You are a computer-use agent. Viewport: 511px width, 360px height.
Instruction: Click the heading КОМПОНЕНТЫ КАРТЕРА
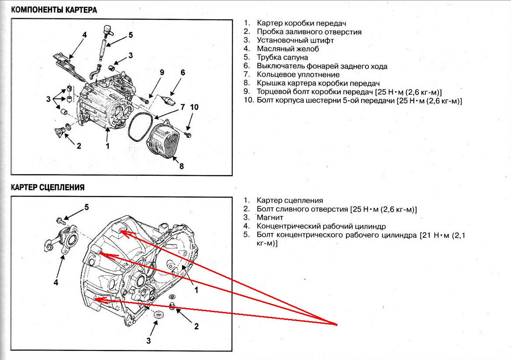click(54, 9)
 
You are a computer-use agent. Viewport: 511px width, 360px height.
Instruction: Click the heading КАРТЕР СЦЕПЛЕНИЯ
click(48, 187)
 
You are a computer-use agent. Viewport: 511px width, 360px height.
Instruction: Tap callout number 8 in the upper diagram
click(182, 166)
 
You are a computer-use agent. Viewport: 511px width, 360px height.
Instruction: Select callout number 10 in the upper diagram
click(194, 107)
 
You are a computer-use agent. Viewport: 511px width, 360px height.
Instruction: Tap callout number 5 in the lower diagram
click(86, 207)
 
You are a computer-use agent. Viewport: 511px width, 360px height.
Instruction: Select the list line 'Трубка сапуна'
click(282, 57)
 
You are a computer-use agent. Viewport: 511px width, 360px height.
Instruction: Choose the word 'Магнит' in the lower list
click(270, 217)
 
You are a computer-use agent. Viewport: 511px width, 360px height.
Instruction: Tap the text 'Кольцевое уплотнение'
click(298, 75)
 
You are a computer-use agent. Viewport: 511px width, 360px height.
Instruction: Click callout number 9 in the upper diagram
click(162, 72)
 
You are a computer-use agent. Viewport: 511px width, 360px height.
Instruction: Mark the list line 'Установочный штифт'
click(295, 40)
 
